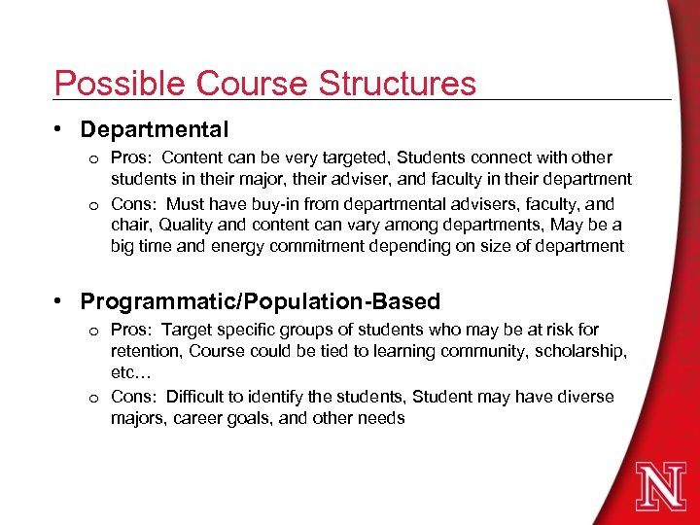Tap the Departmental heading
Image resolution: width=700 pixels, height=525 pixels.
155,129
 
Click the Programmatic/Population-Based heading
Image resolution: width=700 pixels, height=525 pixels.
261,301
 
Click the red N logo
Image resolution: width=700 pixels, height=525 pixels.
660,485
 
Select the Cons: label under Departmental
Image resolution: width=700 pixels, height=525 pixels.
132,205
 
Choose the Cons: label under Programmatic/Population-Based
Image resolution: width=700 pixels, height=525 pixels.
132,397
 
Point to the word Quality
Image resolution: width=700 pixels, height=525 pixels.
189,226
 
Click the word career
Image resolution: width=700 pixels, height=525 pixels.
202,418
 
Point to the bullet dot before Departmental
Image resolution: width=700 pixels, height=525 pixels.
59,129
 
